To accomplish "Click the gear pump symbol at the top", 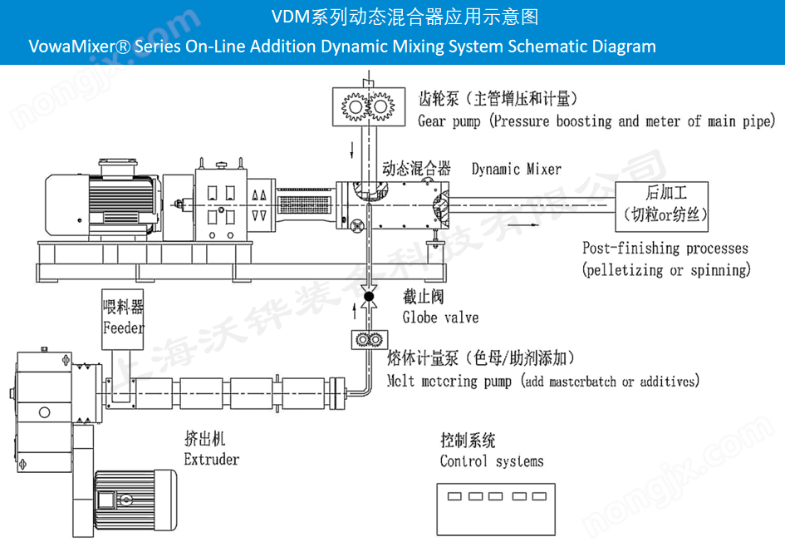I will pos(367,106).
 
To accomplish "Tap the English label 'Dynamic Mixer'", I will pos(516,169).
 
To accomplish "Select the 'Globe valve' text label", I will pos(440,317).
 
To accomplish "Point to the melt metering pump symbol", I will pos(366,342).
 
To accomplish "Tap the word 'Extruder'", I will pos(211,459).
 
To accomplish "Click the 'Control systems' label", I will pos(492,461).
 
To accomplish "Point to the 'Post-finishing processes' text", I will pos(665,248).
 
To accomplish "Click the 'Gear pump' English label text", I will pos(449,121).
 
